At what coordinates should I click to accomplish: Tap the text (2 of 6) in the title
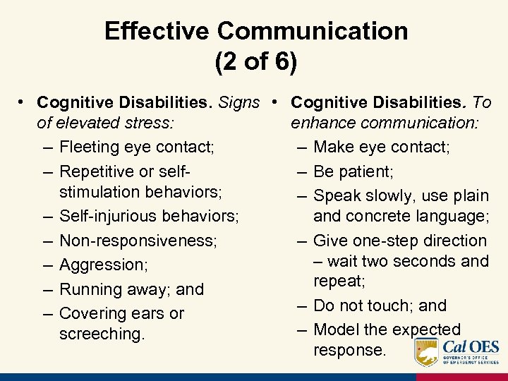click(x=255, y=62)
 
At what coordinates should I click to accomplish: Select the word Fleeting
click(x=90, y=147)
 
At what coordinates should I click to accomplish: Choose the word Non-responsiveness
click(x=138, y=241)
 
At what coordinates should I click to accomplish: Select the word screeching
click(x=102, y=333)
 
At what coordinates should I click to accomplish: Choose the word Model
click(x=337, y=329)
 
